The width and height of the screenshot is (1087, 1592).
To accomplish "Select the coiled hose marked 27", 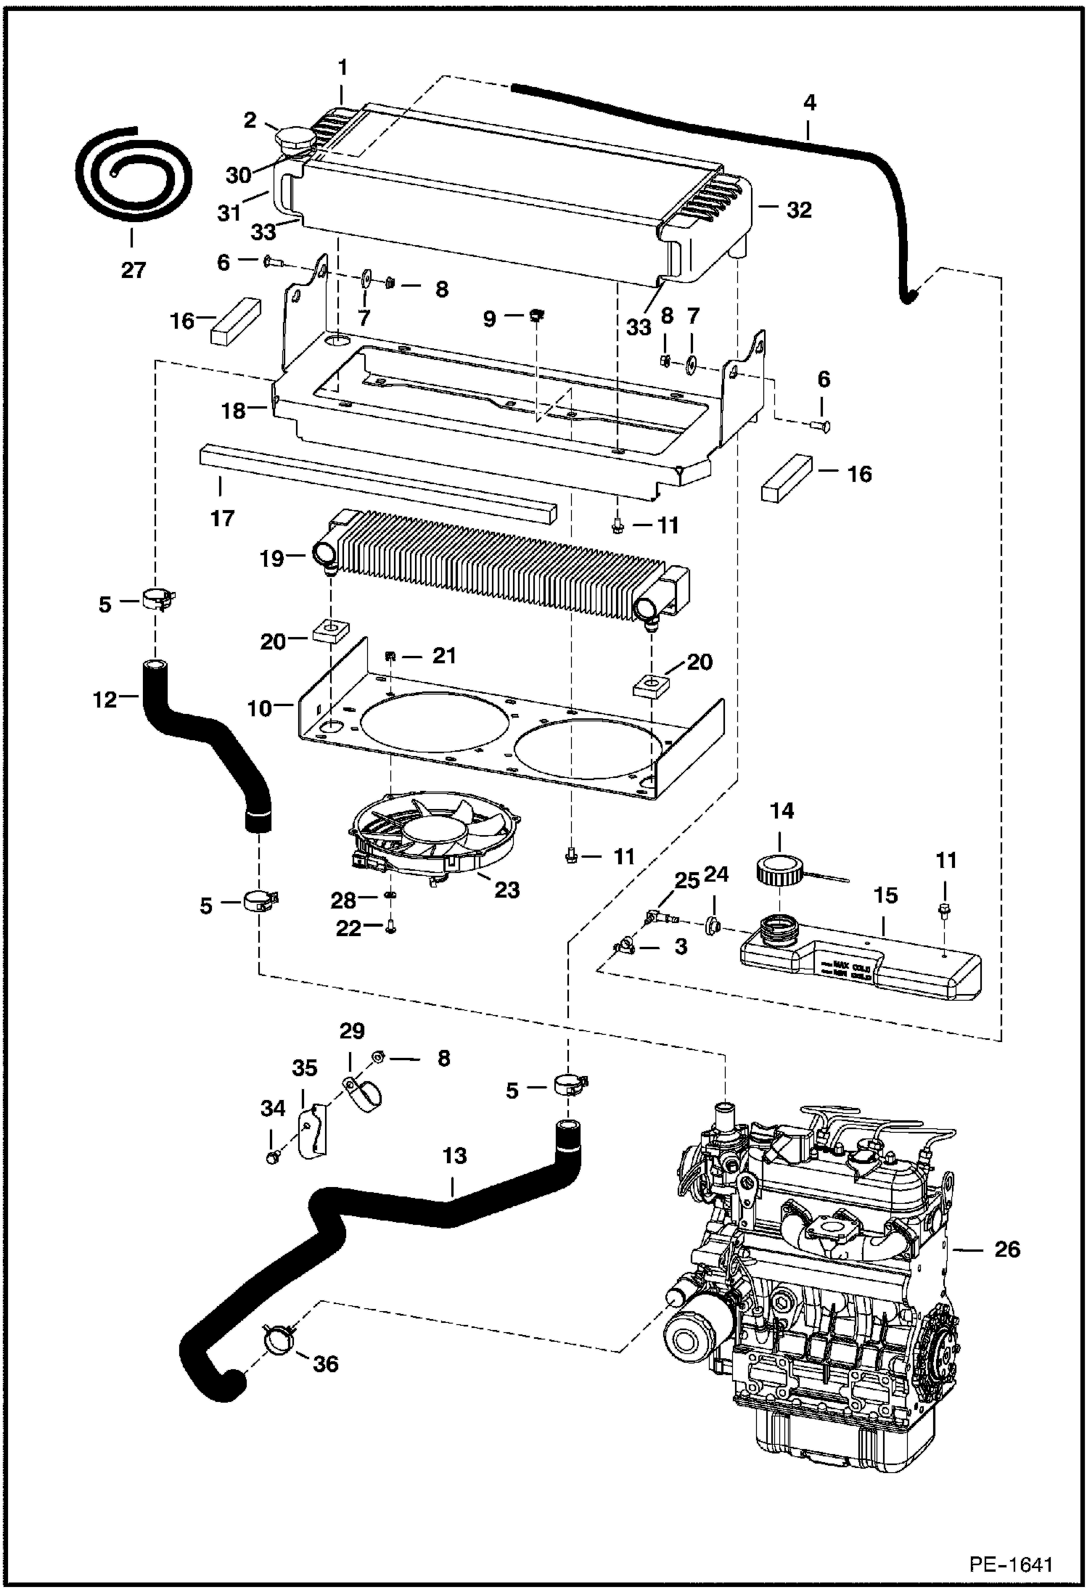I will pyautogui.click(x=134, y=174).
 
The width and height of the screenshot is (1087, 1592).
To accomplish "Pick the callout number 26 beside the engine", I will pyautogui.click(x=1007, y=1250).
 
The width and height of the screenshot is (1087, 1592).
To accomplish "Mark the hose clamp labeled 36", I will pyautogui.click(x=277, y=1337).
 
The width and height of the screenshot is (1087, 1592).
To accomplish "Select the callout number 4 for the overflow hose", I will pyautogui.click(x=809, y=103).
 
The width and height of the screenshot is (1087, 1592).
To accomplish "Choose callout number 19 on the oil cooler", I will pyautogui.click(x=272, y=559).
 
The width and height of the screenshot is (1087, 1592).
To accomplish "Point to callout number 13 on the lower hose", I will pyautogui.click(x=455, y=1156).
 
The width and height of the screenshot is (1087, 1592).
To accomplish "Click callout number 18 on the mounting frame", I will pyautogui.click(x=234, y=411).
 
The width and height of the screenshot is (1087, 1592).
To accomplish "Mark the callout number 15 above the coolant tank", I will pyautogui.click(x=885, y=896).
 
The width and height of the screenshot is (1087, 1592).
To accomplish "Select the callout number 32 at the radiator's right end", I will pyautogui.click(x=798, y=210).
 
